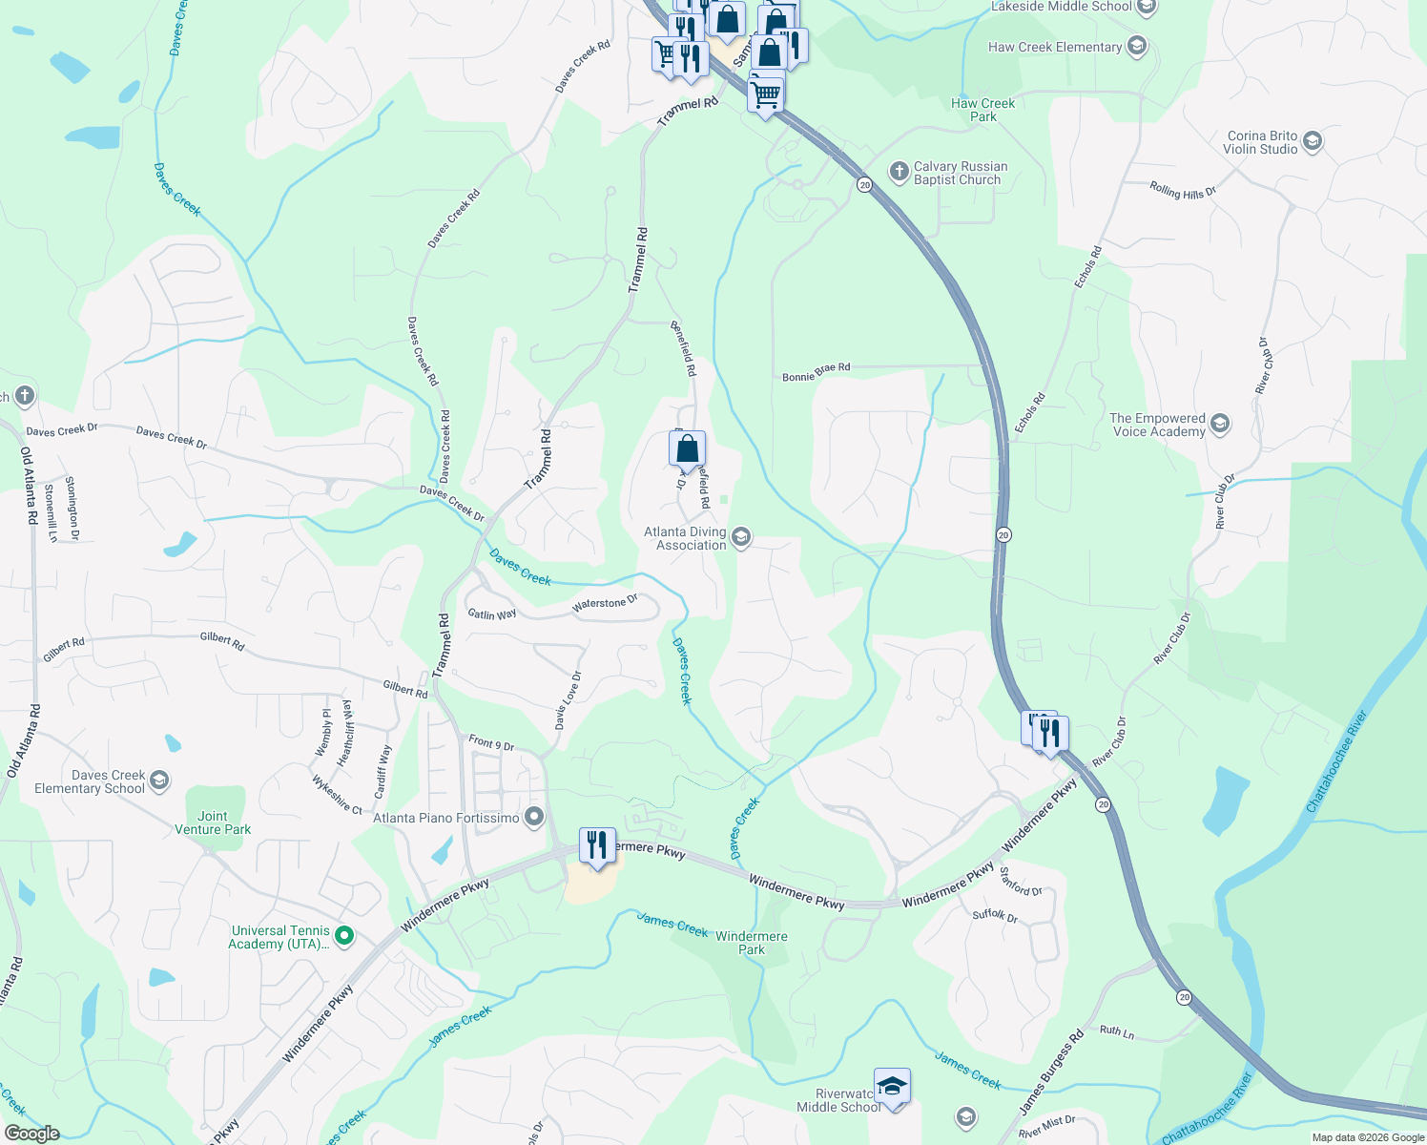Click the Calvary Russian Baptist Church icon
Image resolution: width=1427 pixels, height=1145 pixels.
tap(899, 172)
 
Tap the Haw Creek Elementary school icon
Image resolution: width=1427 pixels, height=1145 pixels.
tap(1136, 46)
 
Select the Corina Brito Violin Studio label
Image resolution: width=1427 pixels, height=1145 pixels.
tap(1262, 142)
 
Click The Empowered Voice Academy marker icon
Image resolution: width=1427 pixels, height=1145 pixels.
tap(1220, 424)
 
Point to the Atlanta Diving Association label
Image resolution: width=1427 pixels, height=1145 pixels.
tap(685, 538)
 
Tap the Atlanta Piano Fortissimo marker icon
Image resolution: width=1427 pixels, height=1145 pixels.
tap(534, 817)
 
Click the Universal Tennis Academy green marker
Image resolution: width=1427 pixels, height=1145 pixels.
tap(345, 936)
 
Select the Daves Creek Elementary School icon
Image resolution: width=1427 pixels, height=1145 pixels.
tap(159, 781)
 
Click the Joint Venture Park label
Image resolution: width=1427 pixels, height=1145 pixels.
tap(213, 822)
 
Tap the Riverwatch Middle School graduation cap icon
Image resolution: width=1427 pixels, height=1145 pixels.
tap(892, 1086)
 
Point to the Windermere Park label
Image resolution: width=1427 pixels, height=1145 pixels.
tap(752, 943)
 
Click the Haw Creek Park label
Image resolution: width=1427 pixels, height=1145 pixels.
tap(983, 110)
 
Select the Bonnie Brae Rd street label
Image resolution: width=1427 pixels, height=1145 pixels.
tap(816, 371)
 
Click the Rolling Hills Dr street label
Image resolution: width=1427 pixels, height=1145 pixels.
tap(1183, 191)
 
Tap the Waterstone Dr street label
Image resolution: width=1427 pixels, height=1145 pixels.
tap(605, 603)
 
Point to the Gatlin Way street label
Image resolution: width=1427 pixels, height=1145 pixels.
tap(491, 614)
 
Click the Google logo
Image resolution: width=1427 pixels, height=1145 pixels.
tap(31, 1133)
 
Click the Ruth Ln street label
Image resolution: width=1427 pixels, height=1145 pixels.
tap(1117, 1031)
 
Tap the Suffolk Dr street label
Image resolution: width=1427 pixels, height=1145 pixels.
tap(995, 915)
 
